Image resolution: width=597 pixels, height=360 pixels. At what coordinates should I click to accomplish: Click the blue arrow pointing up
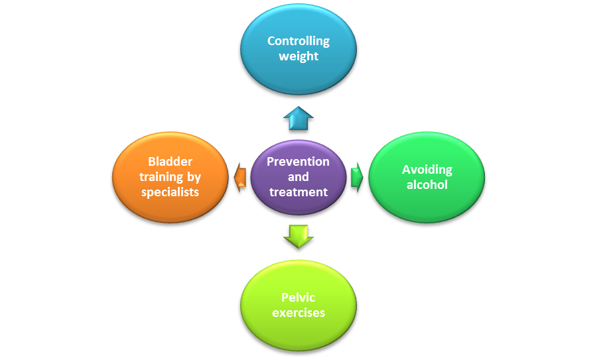(298, 119)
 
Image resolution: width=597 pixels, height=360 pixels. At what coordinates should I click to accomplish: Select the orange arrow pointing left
(241, 178)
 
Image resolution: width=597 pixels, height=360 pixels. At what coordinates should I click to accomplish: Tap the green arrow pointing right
(357, 177)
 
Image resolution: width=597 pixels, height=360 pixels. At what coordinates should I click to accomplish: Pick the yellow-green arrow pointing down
(298, 235)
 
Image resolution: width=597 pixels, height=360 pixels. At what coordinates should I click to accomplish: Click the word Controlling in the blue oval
(298, 41)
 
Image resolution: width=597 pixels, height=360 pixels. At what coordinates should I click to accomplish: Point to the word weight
(298, 56)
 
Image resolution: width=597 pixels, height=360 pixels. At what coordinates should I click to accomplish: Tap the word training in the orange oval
(159, 177)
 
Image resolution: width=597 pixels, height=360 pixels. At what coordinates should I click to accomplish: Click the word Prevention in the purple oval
(298, 162)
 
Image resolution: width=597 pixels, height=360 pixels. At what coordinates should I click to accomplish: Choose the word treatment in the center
(298, 192)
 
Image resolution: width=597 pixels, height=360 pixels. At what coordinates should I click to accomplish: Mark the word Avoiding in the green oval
(427, 170)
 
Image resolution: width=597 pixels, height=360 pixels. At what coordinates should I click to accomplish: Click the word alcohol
(427, 185)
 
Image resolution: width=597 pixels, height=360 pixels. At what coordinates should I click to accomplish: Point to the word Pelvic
(298, 297)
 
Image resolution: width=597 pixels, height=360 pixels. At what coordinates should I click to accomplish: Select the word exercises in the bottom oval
(298, 312)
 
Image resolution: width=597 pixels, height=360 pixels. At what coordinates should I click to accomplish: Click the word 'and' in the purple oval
(298, 177)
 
